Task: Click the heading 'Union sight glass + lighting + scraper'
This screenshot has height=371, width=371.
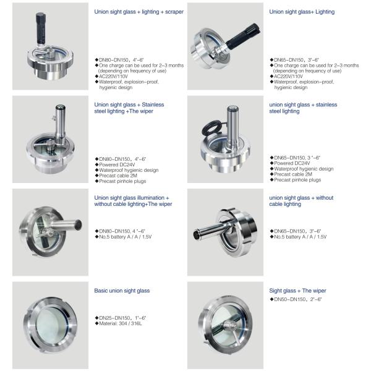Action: [139, 12]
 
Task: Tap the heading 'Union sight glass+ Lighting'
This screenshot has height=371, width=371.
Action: [302, 12]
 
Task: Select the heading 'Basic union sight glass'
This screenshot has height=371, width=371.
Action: [122, 291]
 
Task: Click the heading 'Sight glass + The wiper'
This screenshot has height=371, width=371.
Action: [297, 291]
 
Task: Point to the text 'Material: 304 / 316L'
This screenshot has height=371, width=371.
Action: [121, 323]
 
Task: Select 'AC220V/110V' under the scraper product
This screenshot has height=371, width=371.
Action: [113, 77]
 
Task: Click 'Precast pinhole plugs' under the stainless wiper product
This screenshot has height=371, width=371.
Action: [122, 181]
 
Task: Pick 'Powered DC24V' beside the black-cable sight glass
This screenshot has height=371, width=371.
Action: [292, 163]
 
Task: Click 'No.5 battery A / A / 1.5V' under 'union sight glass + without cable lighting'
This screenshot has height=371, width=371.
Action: [301, 237]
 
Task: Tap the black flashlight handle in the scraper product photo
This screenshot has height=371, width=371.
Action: [41, 28]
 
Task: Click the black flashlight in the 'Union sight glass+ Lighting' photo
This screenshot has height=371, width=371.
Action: [243, 36]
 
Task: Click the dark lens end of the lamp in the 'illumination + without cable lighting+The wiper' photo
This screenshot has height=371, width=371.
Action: [79, 224]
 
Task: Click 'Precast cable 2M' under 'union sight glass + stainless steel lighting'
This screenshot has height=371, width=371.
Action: [293, 174]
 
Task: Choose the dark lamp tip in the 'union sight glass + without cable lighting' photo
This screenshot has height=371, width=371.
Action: [197, 234]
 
